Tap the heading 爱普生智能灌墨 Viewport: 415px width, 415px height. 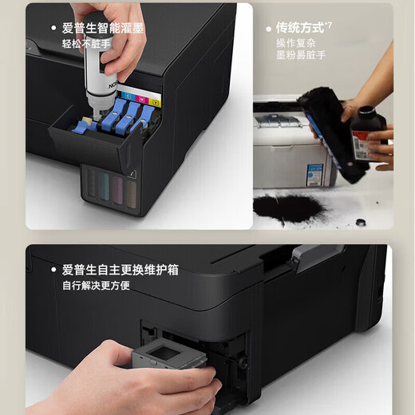point(105,29)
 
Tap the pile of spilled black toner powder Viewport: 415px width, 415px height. point(287,207)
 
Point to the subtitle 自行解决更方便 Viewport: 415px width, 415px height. point(97,285)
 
